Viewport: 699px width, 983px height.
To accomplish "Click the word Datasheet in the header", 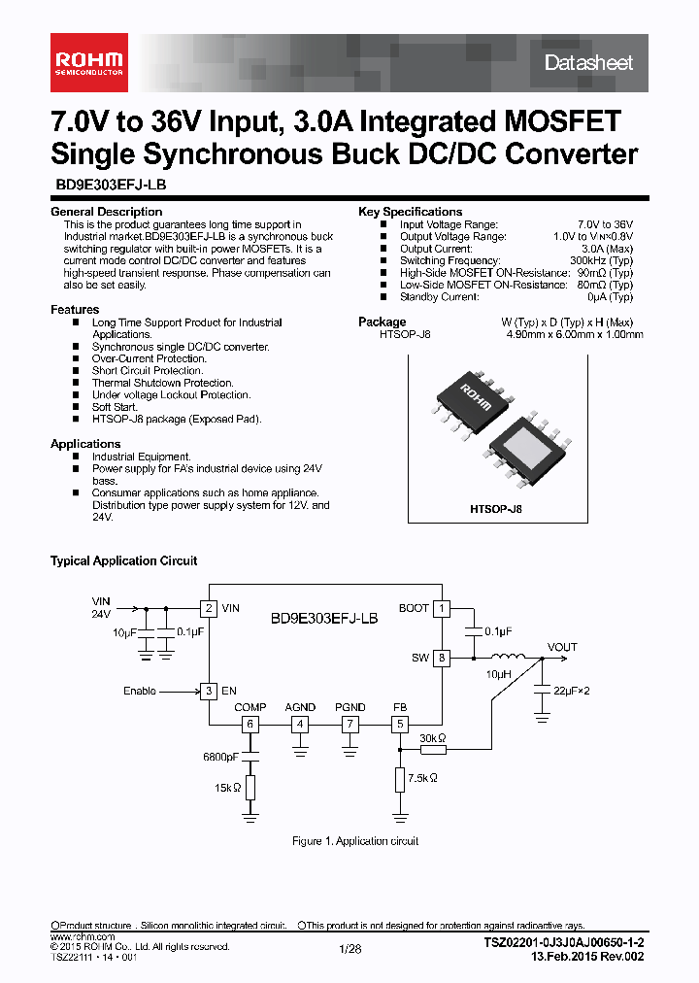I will pyautogui.click(x=588, y=63).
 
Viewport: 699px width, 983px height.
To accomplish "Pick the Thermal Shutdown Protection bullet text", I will pyautogui.click(x=162, y=383).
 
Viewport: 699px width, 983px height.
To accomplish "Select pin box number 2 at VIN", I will pyautogui.click(x=208, y=608).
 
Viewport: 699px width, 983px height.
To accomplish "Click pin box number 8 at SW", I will pyautogui.click(x=442, y=658).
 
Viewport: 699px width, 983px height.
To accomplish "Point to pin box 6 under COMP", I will pyautogui.click(x=250, y=724).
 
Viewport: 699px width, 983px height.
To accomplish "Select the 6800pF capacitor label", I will pyautogui.click(x=220, y=757).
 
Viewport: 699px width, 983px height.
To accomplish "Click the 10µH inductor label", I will pyautogui.click(x=499, y=673).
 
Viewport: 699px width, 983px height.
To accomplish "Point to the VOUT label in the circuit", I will pyautogui.click(x=562, y=647).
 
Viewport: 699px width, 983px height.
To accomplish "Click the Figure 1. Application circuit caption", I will pyautogui.click(x=355, y=841).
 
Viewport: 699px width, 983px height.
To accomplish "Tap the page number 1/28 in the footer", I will pyautogui.click(x=349, y=949).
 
